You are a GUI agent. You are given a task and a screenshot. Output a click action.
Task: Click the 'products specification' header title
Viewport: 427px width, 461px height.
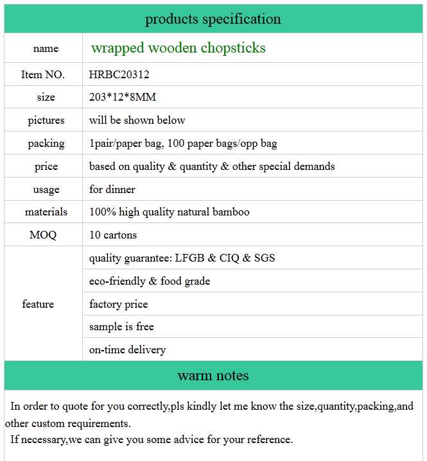[213, 19]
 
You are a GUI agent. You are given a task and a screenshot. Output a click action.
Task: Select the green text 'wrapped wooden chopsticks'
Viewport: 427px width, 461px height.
[178, 48]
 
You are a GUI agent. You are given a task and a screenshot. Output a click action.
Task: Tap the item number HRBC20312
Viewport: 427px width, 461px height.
[119, 74]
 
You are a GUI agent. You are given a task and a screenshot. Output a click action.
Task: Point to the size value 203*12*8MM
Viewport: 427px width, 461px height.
[123, 97]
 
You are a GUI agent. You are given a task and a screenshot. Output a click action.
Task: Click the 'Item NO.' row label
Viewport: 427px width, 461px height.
[43, 74]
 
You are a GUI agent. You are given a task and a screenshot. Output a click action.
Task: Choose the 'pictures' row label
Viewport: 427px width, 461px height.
[46, 121]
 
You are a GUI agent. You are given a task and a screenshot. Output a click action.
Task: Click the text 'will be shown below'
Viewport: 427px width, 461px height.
[137, 121]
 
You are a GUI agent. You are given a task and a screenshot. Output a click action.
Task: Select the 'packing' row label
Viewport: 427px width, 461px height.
[46, 144]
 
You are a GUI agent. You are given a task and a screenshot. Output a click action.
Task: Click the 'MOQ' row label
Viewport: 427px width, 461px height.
[43, 235]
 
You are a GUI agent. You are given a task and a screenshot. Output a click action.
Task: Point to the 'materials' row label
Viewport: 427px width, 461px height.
[46, 212]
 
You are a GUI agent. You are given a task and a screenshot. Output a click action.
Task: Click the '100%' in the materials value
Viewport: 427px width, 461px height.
[101, 212]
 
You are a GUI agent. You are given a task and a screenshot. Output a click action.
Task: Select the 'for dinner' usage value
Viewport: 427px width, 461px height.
[112, 190]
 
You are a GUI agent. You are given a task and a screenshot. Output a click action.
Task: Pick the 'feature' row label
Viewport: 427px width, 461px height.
[38, 304]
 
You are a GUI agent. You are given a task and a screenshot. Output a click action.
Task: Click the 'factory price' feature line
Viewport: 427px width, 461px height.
[118, 304]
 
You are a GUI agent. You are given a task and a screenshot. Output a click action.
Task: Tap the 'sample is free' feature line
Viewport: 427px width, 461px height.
[121, 327]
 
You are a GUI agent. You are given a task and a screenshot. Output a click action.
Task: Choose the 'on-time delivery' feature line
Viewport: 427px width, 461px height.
[127, 350]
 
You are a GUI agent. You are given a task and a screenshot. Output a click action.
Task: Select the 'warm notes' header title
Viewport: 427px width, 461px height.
[213, 376]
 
